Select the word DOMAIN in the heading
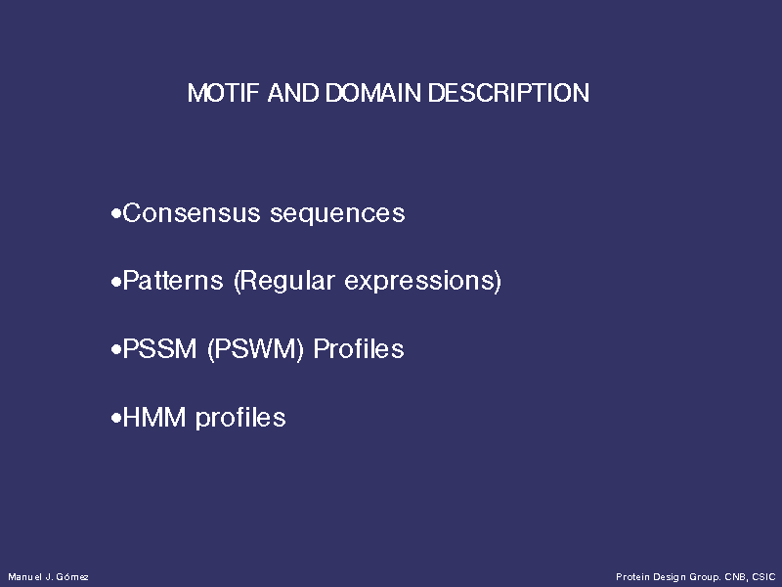[x=373, y=93]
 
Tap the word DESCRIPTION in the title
[x=508, y=93]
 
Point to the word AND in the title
[x=292, y=93]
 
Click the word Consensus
[x=192, y=213]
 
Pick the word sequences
[x=337, y=215]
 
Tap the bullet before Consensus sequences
[x=116, y=214]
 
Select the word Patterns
[x=173, y=281]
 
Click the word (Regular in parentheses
[x=284, y=282]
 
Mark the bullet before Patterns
[x=116, y=283]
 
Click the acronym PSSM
[x=159, y=349]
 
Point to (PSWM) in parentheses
[x=255, y=350]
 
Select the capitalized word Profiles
[x=359, y=349]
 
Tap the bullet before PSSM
[x=116, y=350]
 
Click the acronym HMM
[x=154, y=418]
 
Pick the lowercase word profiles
[x=240, y=419]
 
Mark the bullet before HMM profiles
[x=116, y=419]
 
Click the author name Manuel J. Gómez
[x=48, y=577]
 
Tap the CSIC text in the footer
[x=763, y=577]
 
